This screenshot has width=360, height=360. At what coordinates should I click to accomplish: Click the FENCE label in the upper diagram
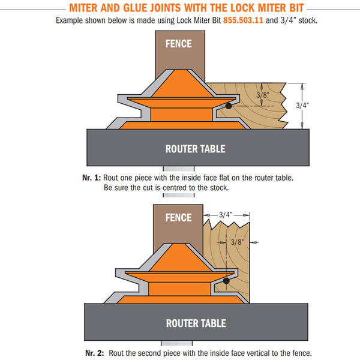coord(179,44)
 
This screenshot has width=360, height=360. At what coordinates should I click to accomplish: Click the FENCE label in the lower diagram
coord(178,218)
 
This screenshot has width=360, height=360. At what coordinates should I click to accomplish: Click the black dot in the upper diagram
coord(229,106)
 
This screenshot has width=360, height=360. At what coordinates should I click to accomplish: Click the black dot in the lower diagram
coord(227,280)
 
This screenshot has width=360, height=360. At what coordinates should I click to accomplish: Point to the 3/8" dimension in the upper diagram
coord(262,95)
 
